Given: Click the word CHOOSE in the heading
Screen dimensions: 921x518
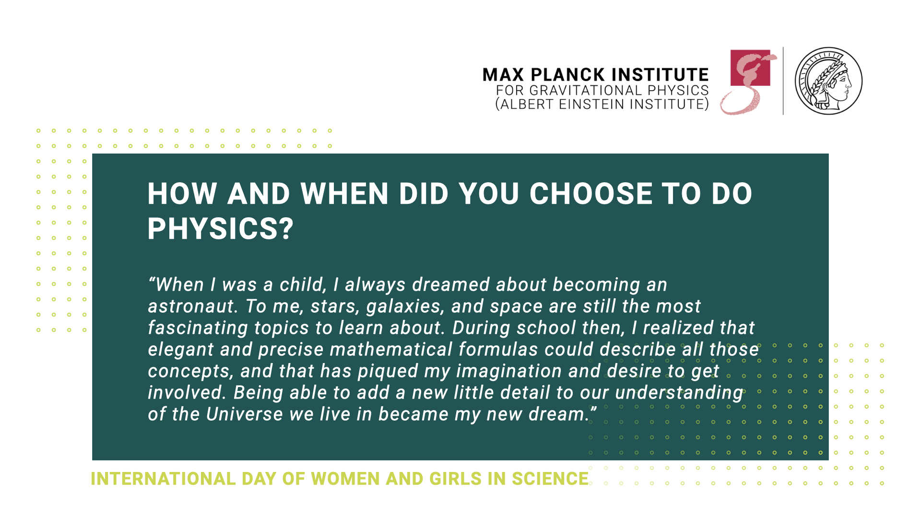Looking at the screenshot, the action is tap(591, 194).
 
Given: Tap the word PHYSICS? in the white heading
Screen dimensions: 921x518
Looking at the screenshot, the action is tap(220, 229).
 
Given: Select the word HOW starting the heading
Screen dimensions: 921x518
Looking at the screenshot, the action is tap(182, 194).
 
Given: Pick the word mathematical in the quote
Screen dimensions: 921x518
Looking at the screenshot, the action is tap(391, 350).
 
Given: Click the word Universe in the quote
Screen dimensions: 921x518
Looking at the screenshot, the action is tap(245, 414).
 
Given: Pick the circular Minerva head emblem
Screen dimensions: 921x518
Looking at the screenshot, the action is tap(828, 81).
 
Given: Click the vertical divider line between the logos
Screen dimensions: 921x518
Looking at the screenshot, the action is tap(783, 81).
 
